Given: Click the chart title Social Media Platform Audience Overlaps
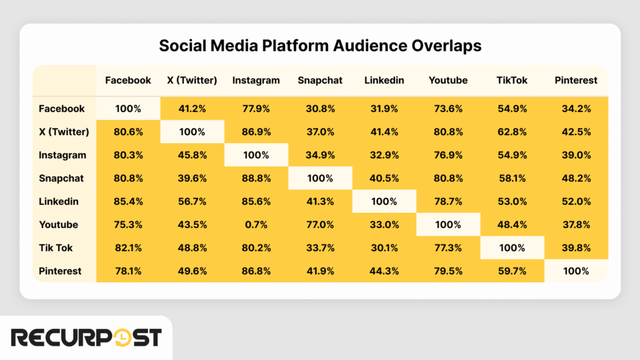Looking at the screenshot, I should click(x=319, y=46).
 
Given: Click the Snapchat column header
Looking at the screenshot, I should click(x=320, y=80).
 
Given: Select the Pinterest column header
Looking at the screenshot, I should click(x=576, y=80).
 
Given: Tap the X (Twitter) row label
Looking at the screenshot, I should click(x=64, y=132).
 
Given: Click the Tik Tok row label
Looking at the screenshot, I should click(x=56, y=247).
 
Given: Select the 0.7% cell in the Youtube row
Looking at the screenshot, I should click(x=256, y=224).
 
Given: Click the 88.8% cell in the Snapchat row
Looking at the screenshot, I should click(x=256, y=178).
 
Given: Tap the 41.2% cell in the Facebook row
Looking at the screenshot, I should click(x=192, y=109).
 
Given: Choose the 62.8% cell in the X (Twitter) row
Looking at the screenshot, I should click(x=511, y=132).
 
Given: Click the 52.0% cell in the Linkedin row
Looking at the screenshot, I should click(x=576, y=201).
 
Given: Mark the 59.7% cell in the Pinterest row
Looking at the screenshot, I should click(x=511, y=271).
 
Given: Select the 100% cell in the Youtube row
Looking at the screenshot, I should click(x=447, y=224).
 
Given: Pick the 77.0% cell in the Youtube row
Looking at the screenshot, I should click(x=320, y=224).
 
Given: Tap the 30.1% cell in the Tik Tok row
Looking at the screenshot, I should click(x=384, y=247).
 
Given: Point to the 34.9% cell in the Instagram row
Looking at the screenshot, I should click(x=320, y=155).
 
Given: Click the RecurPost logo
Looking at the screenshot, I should click(x=86, y=338).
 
